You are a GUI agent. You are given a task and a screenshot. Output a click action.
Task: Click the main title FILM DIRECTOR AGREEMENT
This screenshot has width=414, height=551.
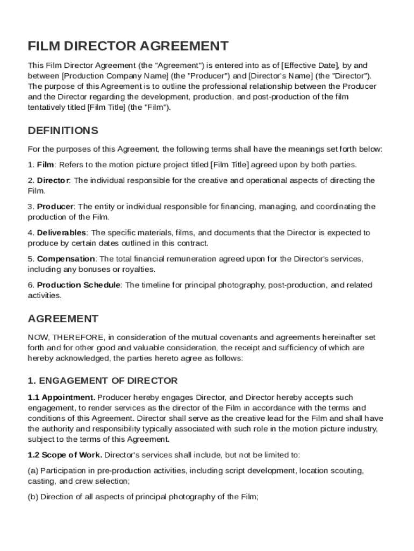click(128, 46)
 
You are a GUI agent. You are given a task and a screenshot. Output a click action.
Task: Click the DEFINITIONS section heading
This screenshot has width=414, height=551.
click(63, 131)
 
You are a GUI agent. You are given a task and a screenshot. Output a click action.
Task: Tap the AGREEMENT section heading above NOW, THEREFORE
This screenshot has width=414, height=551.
click(63, 319)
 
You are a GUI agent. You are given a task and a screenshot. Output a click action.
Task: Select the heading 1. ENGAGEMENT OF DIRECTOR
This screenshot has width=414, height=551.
click(102, 381)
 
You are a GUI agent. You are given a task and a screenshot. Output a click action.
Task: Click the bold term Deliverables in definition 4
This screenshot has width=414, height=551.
click(61, 233)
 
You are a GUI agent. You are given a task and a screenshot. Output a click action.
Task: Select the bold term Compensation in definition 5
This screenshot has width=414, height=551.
click(66, 259)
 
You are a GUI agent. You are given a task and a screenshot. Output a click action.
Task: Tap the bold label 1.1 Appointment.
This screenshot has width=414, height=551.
click(62, 398)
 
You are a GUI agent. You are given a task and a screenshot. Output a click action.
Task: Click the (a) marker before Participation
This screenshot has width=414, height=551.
click(33, 471)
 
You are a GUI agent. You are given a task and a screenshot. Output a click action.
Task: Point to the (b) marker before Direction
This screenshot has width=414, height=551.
click(33, 497)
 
